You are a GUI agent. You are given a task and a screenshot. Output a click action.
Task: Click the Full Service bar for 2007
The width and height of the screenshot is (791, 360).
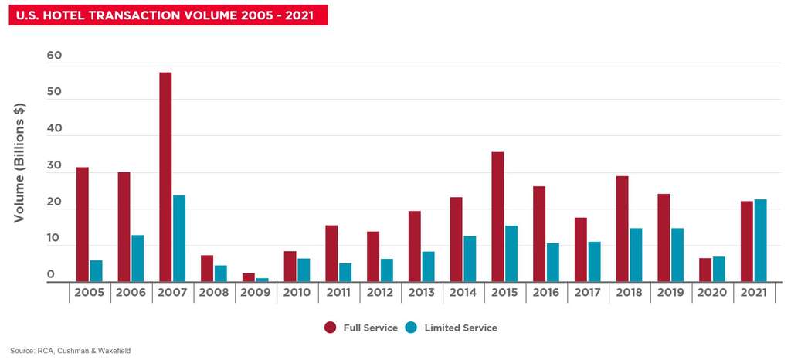(x=165, y=177)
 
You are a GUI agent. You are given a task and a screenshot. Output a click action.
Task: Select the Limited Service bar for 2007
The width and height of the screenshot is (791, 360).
(x=179, y=239)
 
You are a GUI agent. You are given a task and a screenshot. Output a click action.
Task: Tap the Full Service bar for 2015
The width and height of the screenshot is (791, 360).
(x=497, y=217)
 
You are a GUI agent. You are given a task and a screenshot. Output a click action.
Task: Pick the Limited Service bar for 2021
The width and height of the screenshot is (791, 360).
(x=761, y=240)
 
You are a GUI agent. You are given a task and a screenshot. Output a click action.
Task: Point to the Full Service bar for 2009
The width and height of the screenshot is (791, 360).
(x=248, y=277)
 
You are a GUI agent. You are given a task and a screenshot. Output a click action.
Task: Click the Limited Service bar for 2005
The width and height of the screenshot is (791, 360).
(x=96, y=271)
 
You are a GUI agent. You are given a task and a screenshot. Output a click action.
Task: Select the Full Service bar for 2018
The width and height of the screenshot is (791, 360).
(x=622, y=229)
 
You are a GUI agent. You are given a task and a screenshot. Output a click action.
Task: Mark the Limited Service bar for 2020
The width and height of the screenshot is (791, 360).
(x=719, y=269)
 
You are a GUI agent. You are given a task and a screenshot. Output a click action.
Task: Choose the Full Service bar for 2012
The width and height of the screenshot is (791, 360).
(x=373, y=256)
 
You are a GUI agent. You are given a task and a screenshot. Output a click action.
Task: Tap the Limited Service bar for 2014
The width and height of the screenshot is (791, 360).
(x=470, y=259)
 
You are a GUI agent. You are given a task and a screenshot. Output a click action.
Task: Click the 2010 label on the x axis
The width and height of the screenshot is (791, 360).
(x=297, y=293)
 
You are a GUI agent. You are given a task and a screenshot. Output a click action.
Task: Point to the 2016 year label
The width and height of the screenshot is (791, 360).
(x=546, y=293)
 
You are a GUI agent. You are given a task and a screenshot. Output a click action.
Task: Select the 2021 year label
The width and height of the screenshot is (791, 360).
(x=754, y=293)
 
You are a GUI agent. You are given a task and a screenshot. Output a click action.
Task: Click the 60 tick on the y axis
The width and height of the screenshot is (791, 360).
(x=54, y=56)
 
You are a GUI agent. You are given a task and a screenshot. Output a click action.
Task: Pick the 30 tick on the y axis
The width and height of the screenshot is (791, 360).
(x=54, y=166)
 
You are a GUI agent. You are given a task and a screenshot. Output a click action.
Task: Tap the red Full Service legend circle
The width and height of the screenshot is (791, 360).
(x=331, y=328)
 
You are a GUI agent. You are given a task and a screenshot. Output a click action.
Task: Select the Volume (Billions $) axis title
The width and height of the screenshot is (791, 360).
(x=19, y=162)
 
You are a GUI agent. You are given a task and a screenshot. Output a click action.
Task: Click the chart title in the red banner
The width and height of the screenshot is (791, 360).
(x=168, y=15)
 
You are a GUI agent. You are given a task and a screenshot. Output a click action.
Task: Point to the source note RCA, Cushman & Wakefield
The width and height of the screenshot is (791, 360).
(x=70, y=350)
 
